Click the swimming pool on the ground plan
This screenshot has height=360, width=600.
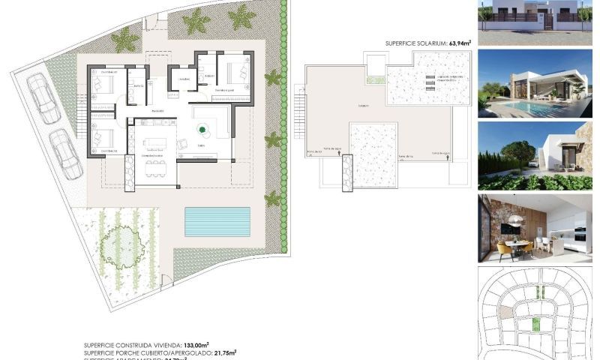[x=217, y=221]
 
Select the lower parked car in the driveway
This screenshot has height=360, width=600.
[x=65, y=154]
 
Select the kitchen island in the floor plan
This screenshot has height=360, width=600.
[x=156, y=143]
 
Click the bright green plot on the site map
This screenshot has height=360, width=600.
[x=535, y=323]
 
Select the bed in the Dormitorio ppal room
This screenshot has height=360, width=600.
[x=238, y=73]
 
